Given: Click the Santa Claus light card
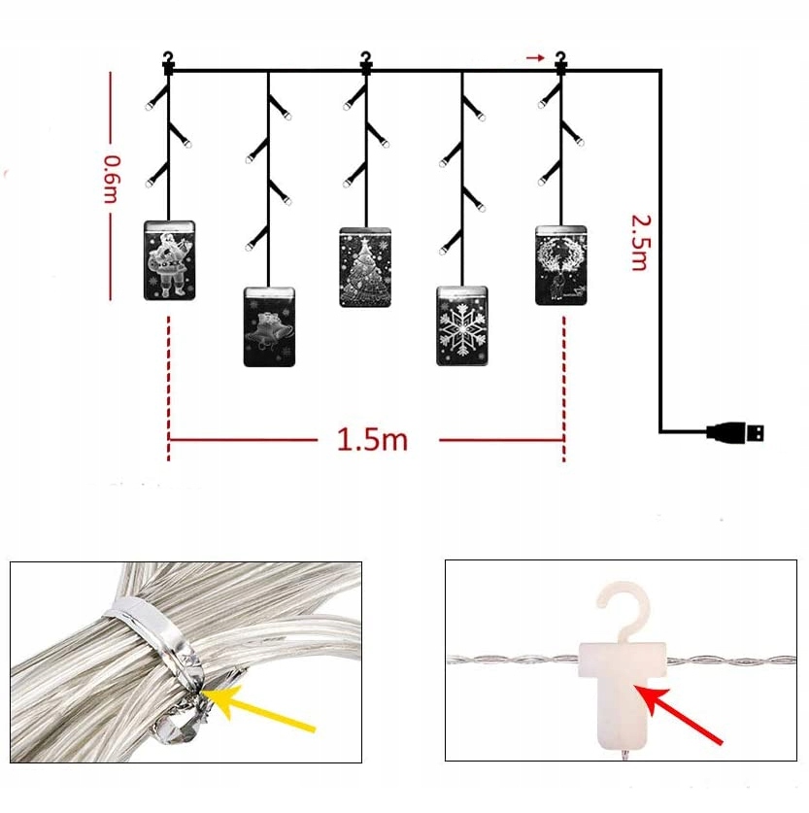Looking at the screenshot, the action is pos(169,259).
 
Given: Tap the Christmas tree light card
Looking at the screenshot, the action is pos(365,267).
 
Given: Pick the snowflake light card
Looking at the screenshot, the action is pos(462,325).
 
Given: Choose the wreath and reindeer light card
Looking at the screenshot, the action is pos(561,265).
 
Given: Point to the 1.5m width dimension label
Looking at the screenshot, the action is pos(372,439).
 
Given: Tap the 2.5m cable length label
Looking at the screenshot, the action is pos(638,242).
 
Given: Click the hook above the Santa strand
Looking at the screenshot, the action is pos(169,61).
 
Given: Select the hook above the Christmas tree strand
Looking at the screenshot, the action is pos(365,61).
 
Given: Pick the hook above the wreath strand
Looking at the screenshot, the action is pos(560,61).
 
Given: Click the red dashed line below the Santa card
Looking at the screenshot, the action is pos(169,379).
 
